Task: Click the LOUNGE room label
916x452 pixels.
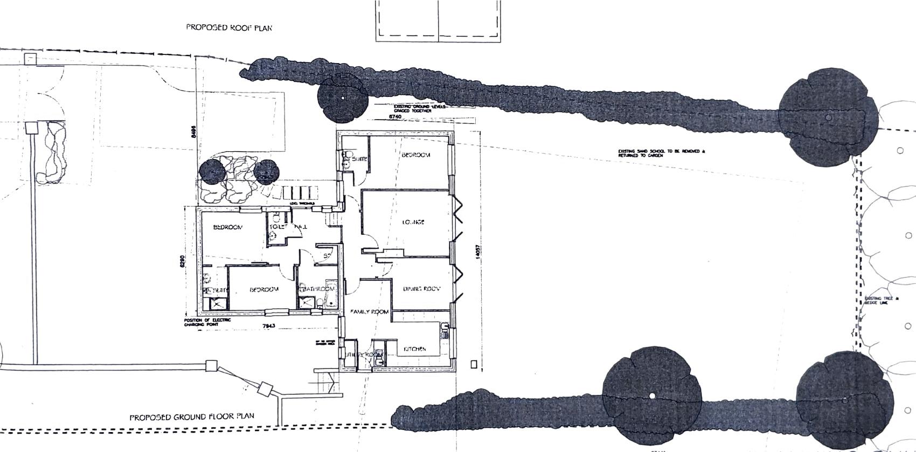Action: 413,222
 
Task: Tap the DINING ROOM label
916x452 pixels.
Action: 422,289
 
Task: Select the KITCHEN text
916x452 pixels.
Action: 415,349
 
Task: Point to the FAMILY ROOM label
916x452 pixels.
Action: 370,312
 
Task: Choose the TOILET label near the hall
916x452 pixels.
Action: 276,227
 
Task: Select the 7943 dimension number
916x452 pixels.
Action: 268,326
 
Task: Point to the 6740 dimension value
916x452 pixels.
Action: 395,116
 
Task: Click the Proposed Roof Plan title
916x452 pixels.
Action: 229,27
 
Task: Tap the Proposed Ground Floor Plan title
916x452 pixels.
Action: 192,417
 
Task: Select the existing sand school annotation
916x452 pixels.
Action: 661,153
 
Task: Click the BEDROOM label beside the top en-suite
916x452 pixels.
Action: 416,155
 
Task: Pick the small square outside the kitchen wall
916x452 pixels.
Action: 474,364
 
